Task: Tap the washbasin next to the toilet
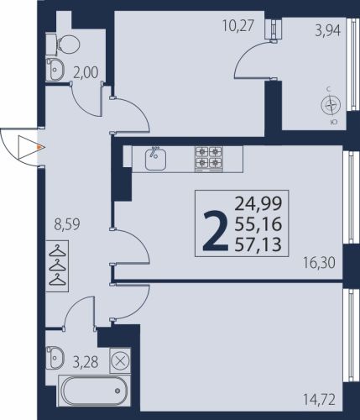55,70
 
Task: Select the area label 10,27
238,26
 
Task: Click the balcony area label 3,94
328,31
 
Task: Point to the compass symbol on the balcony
331,106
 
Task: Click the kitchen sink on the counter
155,159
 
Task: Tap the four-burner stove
209,159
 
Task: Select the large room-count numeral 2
216,231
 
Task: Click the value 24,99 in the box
258,204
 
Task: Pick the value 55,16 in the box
258,224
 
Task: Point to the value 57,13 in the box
258,244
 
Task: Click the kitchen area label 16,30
319,263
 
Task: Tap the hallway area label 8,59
67,224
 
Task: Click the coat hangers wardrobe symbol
57,265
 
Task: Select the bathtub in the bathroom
93,391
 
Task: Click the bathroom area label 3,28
86,362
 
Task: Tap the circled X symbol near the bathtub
120,360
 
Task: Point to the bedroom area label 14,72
319,400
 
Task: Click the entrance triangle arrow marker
28,147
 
